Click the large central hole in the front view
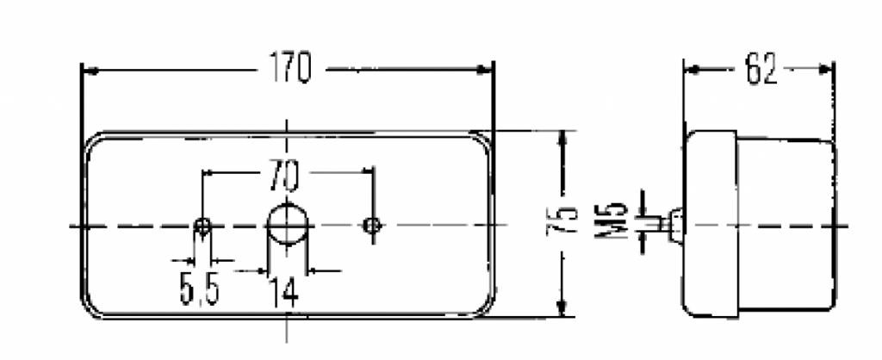[x=287, y=225]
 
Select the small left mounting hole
[x=203, y=227]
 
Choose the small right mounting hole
[x=372, y=226]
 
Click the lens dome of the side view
[x=788, y=226]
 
